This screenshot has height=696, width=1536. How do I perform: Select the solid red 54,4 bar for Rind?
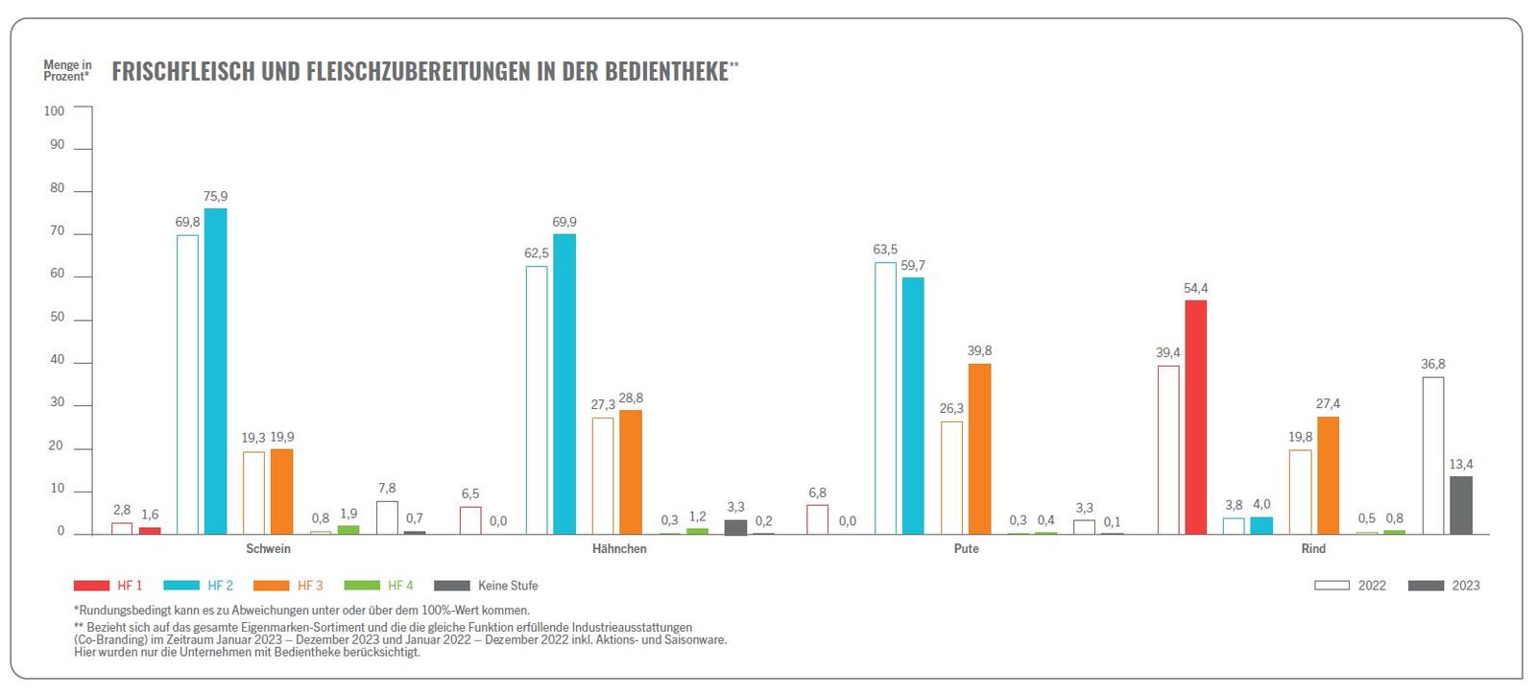pyautogui.click(x=1195, y=417)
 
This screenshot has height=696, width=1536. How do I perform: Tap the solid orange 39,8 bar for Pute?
pyautogui.click(x=979, y=448)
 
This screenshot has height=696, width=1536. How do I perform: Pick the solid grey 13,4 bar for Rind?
pyautogui.click(x=1460, y=505)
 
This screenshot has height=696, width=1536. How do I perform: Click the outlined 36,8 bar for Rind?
pyautogui.click(x=1432, y=455)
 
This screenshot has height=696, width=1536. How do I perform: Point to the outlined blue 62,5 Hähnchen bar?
pyautogui.click(x=537, y=399)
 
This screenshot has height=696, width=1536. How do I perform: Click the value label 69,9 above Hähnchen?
pyautogui.click(x=564, y=222)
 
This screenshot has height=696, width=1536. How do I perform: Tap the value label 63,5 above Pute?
pyautogui.click(x=885, y=250)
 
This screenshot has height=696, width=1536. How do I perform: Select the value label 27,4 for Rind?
pyautogui.click(x=1328, y=403)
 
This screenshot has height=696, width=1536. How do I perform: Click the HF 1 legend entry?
pyautogui.click(x=108, y=586)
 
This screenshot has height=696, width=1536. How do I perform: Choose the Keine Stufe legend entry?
pyautogui.click(x=486, y=586)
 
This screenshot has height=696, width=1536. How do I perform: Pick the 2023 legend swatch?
pyautogui.click(x=1426, y=586)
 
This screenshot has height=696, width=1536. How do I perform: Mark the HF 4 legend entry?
pyautogui.click(x=379, y=586)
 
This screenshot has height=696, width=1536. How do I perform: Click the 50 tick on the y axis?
pyautogui.click(x=57, y=317)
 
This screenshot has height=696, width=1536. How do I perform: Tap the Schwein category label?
pyautogui.click(x=268, y=549)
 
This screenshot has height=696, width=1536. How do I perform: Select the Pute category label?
pyautogui.click(x=966, y=549)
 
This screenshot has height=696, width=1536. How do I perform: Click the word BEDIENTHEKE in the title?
pyautogui.click(x=665, y=72)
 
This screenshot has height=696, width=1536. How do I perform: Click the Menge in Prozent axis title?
pyautogui.click(x=67, y=70)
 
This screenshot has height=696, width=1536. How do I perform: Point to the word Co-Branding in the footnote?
pyautogui.click(x=110, y=639)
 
